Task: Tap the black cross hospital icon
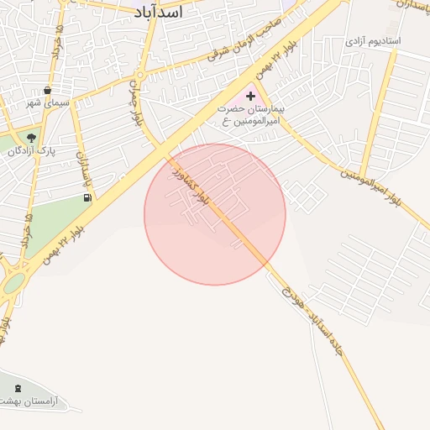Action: (x=250, y=97)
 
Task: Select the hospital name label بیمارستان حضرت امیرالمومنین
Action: (x=250, y=117)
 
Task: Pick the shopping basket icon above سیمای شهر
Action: (x=47, y=89)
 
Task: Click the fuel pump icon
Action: (x=87, y=197)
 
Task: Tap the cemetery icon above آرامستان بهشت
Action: (x=18, y=387)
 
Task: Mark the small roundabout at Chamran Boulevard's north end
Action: (x=140, y=76)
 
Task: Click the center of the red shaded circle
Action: (x=215, y=214)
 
